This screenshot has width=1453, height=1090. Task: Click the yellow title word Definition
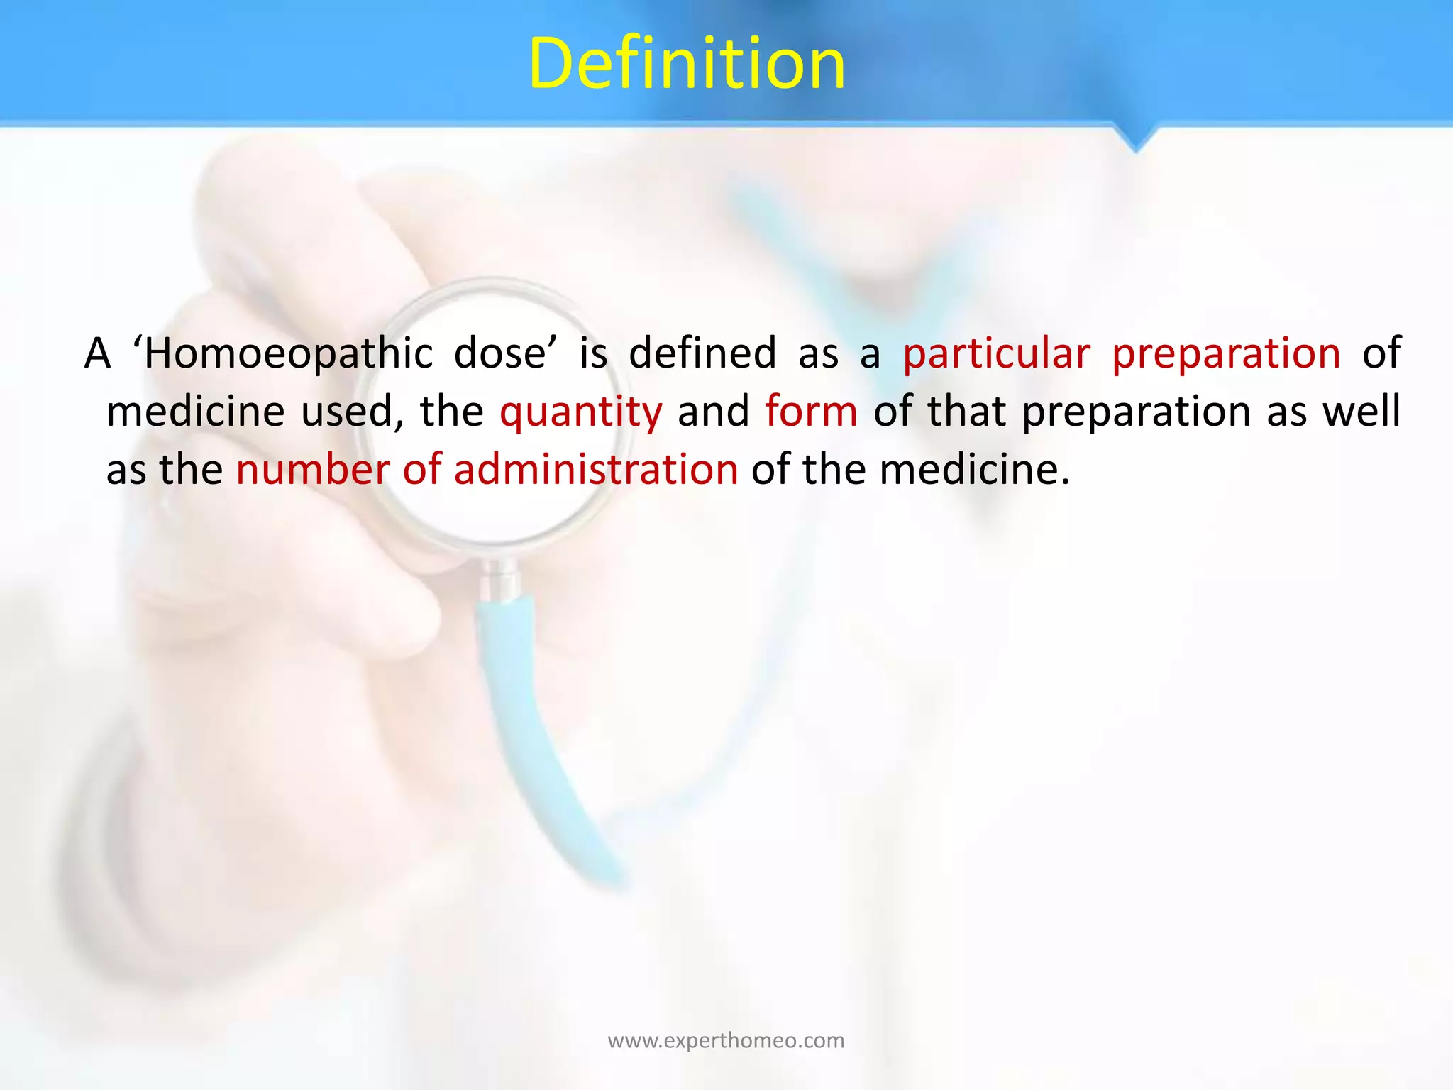click(x=687, y=64)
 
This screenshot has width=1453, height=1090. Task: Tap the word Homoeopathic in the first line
click(x=287, y=353)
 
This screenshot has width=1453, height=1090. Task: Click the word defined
click(x=702, y=353)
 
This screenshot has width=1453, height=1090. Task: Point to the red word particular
click(x=996, y=354)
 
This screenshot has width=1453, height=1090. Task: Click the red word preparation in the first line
click(x=1226, y=354)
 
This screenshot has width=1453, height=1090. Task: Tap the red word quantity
click(x=580, y=412)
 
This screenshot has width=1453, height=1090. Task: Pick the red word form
click(x=811, y=411)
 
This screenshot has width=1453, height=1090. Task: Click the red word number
click(x=313, y=469)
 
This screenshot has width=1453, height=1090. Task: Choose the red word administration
click(x=596, y=469)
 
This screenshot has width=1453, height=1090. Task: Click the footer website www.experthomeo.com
click(x=726, y=1041)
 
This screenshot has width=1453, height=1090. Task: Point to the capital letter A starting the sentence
click(x=98, y=353)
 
